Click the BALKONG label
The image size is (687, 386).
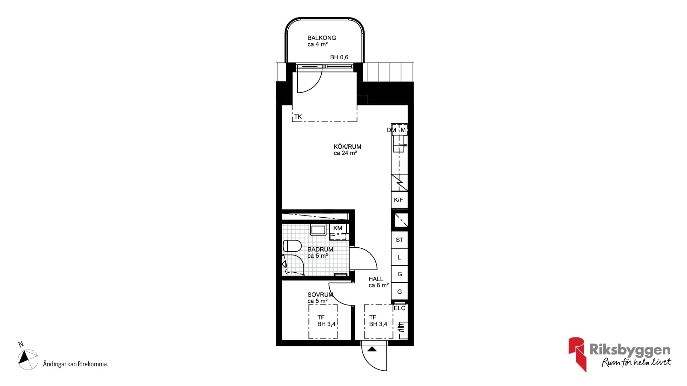point(322,38)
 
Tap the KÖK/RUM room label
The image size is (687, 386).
point(347,147)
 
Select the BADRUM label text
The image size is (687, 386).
point(320,249)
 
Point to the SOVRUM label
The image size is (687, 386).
point(320,295)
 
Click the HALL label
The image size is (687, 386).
point(376,279)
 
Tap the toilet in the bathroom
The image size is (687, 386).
point(292,246)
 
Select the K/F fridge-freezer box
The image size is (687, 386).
point(399,200)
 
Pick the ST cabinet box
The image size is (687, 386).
point(399,240)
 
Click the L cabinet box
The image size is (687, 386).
point(399,257)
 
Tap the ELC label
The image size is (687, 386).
point(399,308)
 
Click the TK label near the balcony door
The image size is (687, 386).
point(298,117)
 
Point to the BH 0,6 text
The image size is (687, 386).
point(339,57)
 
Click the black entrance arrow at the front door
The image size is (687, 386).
point(372,349)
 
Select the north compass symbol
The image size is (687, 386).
point(28,360)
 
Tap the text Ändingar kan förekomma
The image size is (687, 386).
point(75,364)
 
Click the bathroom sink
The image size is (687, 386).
point(318,230)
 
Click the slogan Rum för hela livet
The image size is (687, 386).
point(637,362)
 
